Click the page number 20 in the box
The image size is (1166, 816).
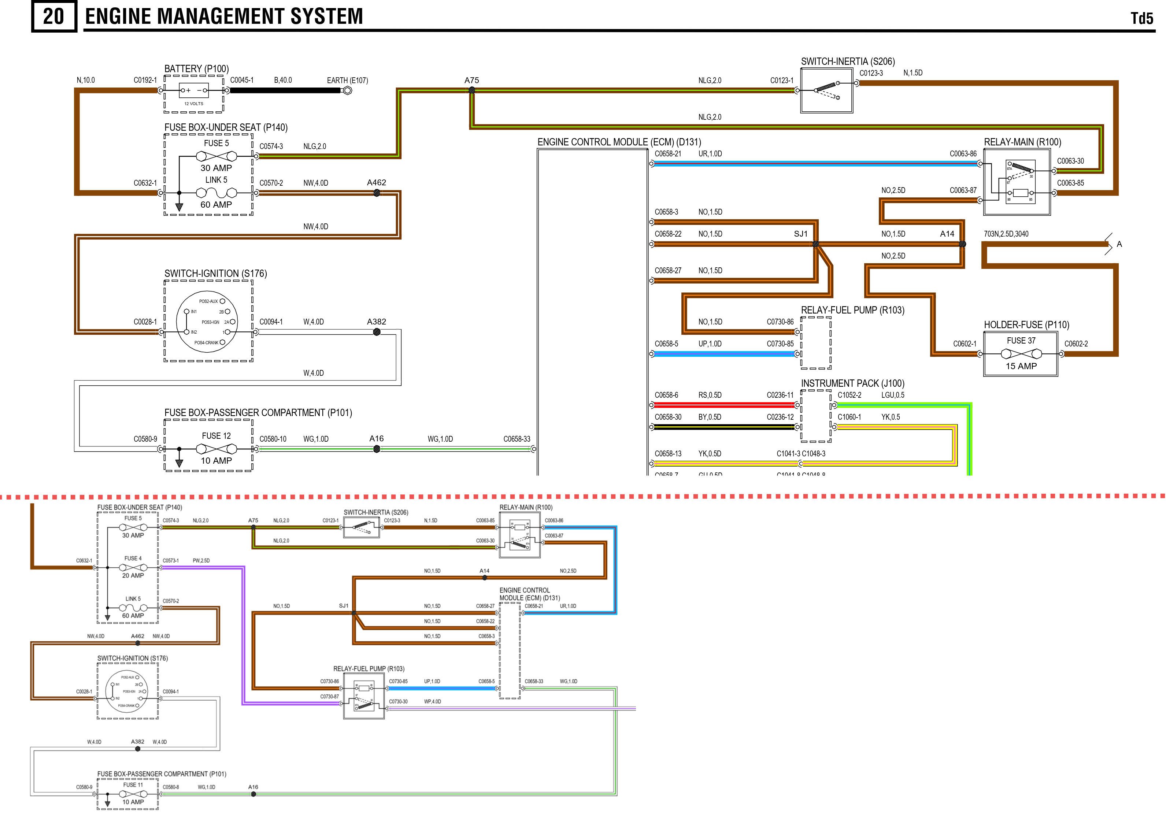54,17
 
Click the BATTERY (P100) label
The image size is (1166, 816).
197,68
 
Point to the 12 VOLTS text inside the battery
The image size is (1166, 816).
193,104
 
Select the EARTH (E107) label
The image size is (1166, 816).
347,80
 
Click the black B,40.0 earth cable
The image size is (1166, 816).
284,91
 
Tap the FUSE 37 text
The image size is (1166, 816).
1021,341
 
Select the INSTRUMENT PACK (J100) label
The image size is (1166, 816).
853,383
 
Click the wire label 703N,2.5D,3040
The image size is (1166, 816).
1006,234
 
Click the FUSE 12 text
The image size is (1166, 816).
216,436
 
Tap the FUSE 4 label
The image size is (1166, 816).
133,559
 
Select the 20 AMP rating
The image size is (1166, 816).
133,575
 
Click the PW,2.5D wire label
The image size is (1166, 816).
201,561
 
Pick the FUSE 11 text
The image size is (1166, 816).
133,785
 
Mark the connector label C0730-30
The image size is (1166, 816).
398,701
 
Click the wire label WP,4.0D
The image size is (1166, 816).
432,701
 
